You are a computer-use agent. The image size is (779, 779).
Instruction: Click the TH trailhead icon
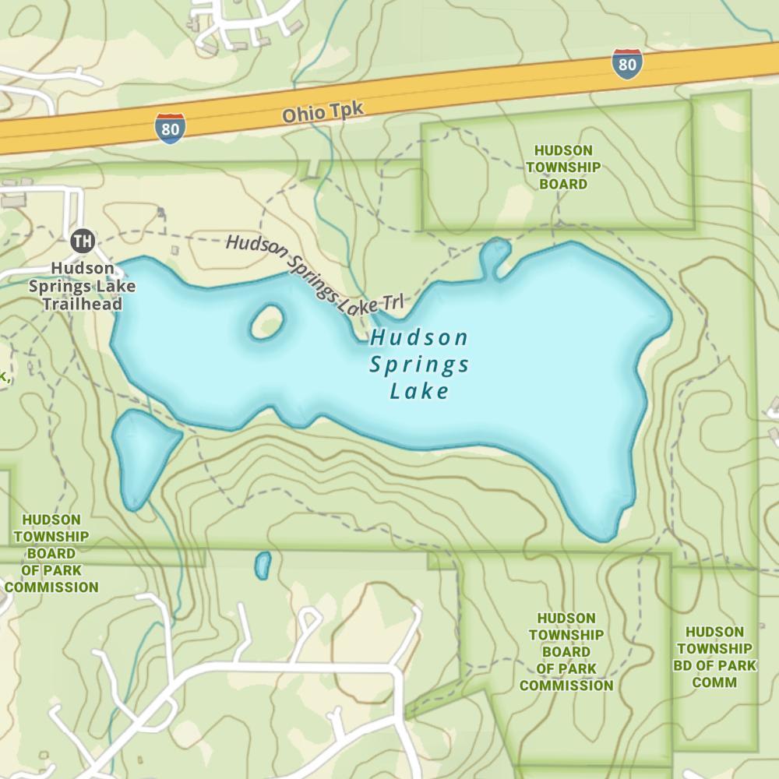pyautogui.click(x=82, y=241)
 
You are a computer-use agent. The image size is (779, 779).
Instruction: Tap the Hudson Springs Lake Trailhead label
pyautogui.click(x=82, y=286)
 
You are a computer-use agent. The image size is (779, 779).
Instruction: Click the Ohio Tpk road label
pyautogui.click(x=323, y=112)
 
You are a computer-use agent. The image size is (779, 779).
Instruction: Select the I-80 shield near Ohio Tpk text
pyautogui.click(x=171, y=129)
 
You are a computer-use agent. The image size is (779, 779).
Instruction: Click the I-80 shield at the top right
pyautogui.click(x=627, y=65)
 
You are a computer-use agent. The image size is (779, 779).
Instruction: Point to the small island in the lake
pyautogui.click(x=266, y=322)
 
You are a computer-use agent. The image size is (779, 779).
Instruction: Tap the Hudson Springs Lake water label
pyautogui.click(x=419, y=364)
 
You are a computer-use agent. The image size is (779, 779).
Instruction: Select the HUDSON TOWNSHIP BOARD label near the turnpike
pyautogui.click(x=563, y=167)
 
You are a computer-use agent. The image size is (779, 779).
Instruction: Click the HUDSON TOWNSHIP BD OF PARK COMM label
pyautogui.click(x=714, y=657)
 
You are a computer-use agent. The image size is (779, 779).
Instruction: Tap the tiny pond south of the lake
pyautogui.click(x=263, y=565)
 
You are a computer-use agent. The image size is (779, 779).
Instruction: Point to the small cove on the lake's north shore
pyautogui.click(x=495, y=255)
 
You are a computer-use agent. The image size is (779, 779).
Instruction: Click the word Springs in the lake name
pyautogui.click(x=419, y=365)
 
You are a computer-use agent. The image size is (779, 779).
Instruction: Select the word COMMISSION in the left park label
pyautogui.click(x=51, y=587)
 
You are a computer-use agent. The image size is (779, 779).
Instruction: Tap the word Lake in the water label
pyautogui.click(x=419, y=391)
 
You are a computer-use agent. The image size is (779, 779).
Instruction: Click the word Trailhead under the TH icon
pyautogui.click(x=82, y=304)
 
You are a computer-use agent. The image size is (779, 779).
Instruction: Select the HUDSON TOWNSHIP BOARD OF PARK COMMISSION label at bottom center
pyautogui.click(x=566, y=652)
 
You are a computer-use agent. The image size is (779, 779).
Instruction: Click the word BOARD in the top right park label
pyautogui.click(x=563, y=184)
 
